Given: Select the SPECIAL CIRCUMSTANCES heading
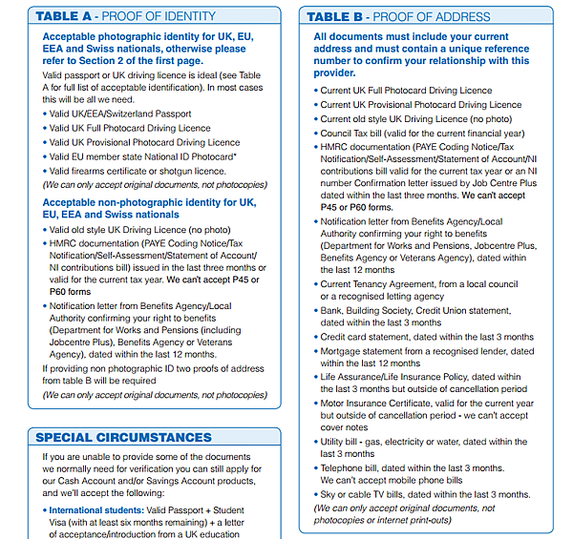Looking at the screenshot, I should coord(125,438).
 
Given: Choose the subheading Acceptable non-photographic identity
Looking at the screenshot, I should coord(139,202).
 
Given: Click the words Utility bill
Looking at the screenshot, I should coord(342,442).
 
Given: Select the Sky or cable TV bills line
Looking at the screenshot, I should coord(424,494).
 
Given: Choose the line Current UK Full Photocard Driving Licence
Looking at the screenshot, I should coord(406,91).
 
